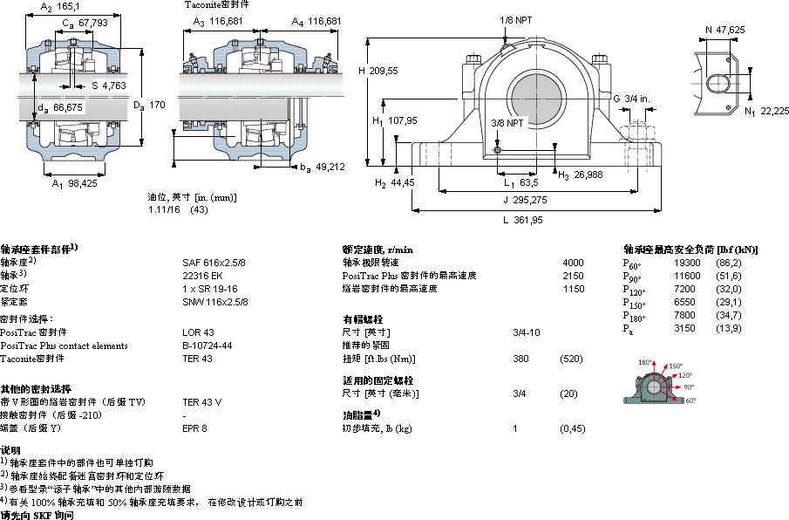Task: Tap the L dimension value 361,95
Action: pos(524,221)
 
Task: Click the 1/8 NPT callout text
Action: pos(518,20)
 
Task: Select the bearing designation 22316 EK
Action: pos(202,275)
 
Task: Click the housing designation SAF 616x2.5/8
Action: pos(214,262)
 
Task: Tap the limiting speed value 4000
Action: pos(574,262)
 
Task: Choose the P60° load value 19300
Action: pos(688,262)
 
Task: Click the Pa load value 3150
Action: pos(686,328)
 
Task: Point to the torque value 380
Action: pos(521,359)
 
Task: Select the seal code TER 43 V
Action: pos(201,402)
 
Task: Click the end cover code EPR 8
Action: pos(194,428)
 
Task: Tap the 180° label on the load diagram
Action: pos(645,362)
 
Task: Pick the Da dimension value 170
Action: pos(157,105)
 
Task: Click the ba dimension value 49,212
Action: pos(330,167)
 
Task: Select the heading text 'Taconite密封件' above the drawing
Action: pos(211,5)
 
